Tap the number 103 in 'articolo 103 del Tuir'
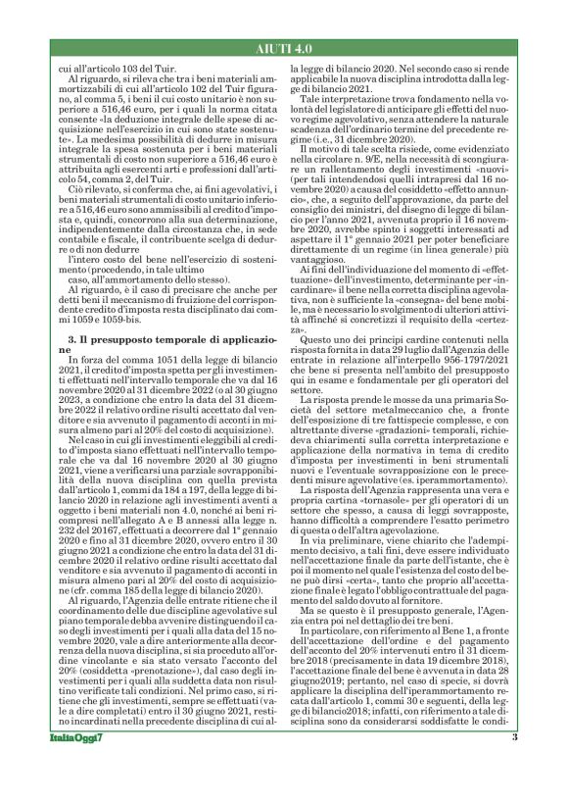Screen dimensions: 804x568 point(116,73)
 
